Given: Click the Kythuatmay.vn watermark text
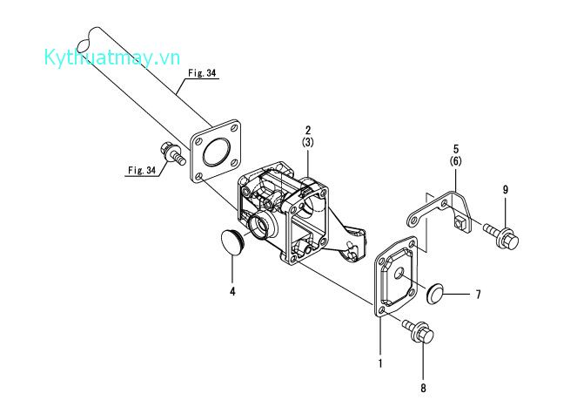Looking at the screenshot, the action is coord(112,58).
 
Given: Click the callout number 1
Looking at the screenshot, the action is coord(380,363).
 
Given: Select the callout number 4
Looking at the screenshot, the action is coord(232,291).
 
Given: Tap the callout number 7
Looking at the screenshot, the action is coord(478,295).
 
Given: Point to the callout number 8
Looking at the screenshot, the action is coord(423,388).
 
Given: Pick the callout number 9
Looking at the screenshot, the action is coord(506,189).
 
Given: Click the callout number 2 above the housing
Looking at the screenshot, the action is coord(308,130).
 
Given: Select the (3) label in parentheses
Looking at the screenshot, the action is coord(308,142).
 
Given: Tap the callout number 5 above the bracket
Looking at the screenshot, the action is coord(456,149).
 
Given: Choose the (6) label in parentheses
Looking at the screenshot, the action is coord(456,161).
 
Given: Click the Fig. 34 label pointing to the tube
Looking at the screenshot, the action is coord(202,73).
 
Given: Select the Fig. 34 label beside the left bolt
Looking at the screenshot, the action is coord(142,170).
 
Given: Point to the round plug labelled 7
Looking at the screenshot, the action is coord(434,295).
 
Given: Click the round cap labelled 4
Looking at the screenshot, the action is coord(231,241).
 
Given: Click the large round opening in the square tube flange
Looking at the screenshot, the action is coord(216,151).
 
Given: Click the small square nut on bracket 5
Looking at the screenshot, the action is coord(460,223).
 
